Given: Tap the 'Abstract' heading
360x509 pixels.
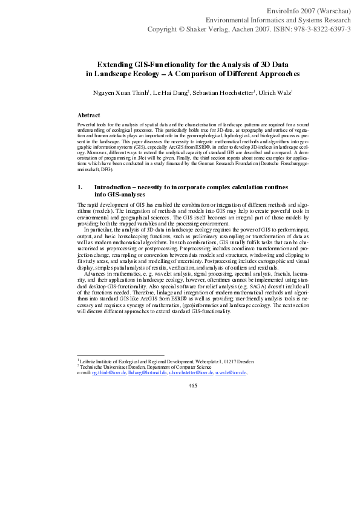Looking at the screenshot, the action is pyautogui.click(x=89, y=115).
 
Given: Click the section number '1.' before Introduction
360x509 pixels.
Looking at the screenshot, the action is pyautogui.click(x=80, y=187).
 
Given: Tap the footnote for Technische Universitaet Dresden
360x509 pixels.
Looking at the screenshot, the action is pyautogui.click(x=145, y=367).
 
